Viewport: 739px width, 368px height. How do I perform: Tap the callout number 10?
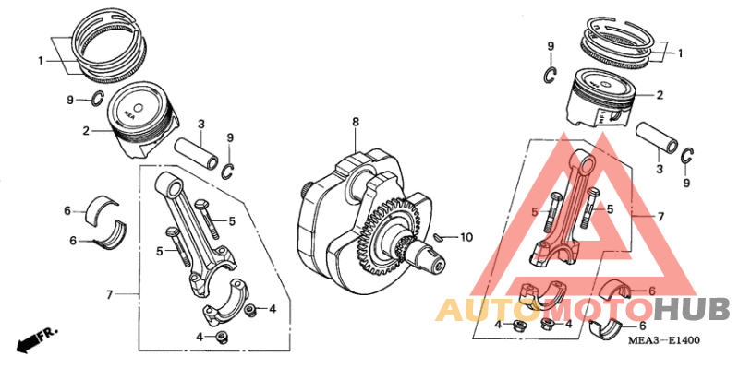tap(466, 237)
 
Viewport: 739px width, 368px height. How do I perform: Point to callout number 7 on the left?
tap(109, 295)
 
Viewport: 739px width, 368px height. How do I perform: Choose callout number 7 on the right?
tap(660, 217)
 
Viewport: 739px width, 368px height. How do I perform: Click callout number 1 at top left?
tap(41, 61)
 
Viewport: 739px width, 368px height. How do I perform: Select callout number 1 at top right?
tap(681, 53)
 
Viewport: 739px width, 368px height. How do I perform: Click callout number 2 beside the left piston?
tap(85, 131)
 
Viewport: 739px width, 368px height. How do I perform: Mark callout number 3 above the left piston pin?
tap(200, 124)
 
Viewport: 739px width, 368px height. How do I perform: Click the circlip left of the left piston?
tap(96, 100)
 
